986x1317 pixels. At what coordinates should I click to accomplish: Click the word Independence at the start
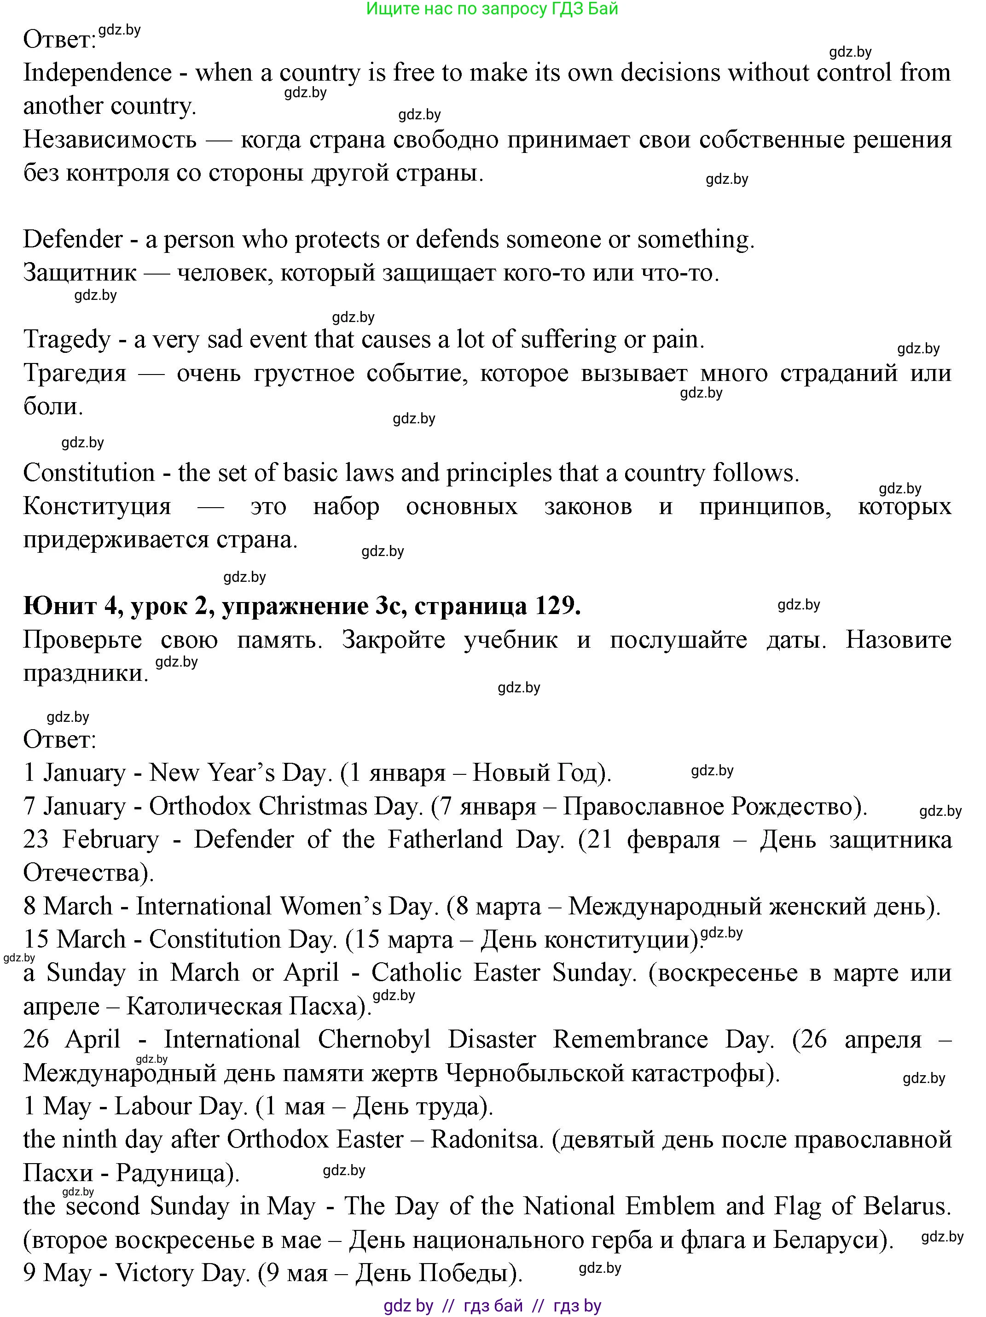point(97,73)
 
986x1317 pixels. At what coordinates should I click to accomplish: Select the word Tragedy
point(67,340)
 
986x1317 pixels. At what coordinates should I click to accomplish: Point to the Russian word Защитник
point(80,273)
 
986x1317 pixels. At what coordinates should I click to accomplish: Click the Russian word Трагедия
point(75,373)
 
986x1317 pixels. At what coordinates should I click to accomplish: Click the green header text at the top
point(492,9)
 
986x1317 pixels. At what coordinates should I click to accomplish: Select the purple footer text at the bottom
point(492,1305)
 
